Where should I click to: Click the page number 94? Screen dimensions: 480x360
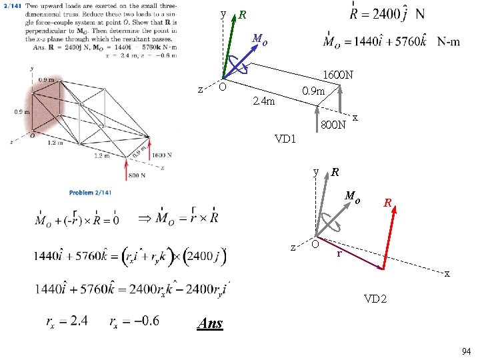(465, 351)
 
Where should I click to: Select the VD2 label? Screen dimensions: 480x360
(375, 298)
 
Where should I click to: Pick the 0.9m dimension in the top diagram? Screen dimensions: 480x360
(313, 91)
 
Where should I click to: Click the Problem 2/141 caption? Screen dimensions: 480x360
(90, 193)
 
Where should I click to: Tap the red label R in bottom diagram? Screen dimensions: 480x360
(387, 201)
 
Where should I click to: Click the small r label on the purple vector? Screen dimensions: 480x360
(339, 253)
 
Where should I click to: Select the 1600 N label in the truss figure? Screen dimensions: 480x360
(161, 155)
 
